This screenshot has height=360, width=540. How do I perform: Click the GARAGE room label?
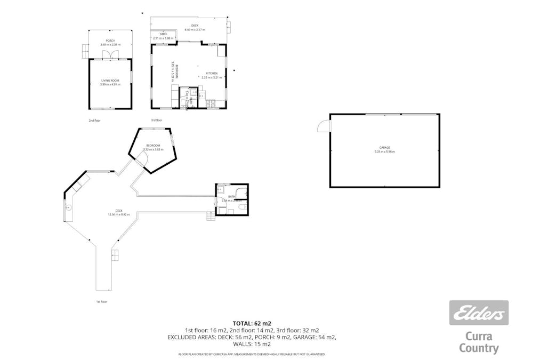coord(384,147)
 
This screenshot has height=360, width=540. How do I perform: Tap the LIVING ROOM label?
coord(110,81)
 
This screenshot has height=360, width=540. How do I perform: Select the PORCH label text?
coord(110,41)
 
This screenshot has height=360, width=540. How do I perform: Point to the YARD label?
coord(163,34)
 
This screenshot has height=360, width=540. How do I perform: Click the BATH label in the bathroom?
coord(232,197)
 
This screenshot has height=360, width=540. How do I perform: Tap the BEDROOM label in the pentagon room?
coord(153,146)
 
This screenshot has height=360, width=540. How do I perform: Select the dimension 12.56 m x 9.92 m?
coord(118,214)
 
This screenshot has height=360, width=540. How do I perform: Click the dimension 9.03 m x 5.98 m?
coord(384,152)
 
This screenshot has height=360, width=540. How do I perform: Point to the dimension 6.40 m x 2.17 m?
coord(195,29)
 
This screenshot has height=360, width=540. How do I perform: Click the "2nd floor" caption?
coord(94,121)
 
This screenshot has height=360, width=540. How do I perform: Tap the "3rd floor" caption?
coord(156,121)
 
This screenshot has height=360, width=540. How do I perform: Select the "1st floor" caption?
coord(101,302)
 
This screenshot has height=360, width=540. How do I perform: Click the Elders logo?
coord(479,313)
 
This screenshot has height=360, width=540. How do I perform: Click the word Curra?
coord(479,337)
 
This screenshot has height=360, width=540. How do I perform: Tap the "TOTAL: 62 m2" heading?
coord(252,323)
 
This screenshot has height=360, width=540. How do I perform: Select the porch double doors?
coord(110,55)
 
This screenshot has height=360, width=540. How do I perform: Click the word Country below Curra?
coord(479,349)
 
